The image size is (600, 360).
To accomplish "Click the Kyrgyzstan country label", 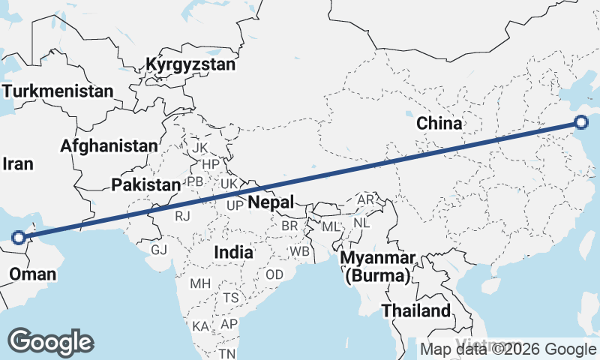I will pyautogui.click(x=190, y=64).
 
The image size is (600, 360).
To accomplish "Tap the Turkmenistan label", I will pyautogui.click(x=57, y=91).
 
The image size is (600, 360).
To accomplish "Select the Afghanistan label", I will pyautogui.click(x=110, y=145).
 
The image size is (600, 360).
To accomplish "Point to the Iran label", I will pyautogui.click(x=18, y=163).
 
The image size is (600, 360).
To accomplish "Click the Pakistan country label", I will pyautogui.click(x=145, y=184).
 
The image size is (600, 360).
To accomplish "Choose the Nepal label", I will pyautogui.click(x=270, y=202).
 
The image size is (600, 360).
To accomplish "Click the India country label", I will pyautogui.click(x=233, y=253).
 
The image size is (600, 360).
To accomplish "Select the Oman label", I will pyautogui.click(x=32, y=274).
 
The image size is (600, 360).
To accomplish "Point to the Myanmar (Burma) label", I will pyautogui.click(x=378, y=268).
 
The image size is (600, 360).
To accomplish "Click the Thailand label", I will pyautogui.click(x=416, y=310).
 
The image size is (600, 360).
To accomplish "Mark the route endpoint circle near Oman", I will pyautogui.click(x=19, y=238).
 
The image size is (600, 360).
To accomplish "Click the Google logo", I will pyautogui.click(x=51, y=341).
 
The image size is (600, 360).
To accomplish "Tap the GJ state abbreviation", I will pyautogui.click(x=159, y=250).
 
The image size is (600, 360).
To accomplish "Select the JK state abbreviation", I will pyautogui.click(x=199, y=148).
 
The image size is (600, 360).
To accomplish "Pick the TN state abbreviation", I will pyautogui.click(x=227, y=352).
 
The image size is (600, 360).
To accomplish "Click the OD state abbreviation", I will pyautogui.click(x=275, y=274).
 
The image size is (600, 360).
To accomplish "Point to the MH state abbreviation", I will pyautogui.click(x=200, y=283).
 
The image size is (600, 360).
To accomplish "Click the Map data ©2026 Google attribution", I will pyautogui.click(x=508, y=349).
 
